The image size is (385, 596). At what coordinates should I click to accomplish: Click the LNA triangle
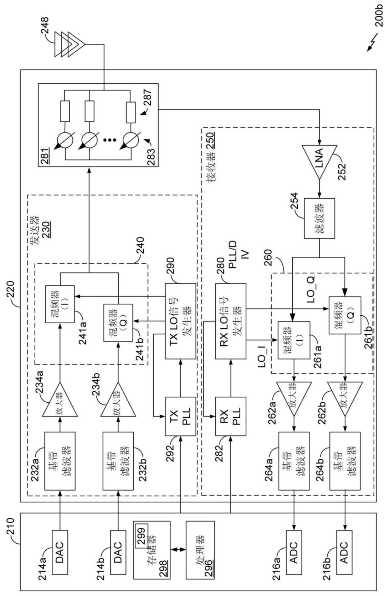(319, 162)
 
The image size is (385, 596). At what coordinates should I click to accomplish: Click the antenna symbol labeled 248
(70, 44)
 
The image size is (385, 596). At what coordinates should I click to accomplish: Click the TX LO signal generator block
(181, 321)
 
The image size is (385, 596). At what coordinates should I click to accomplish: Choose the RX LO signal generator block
(231, 321)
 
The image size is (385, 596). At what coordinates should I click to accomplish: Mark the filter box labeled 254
(319, 218)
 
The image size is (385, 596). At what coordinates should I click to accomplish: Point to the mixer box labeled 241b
(118, 323)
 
